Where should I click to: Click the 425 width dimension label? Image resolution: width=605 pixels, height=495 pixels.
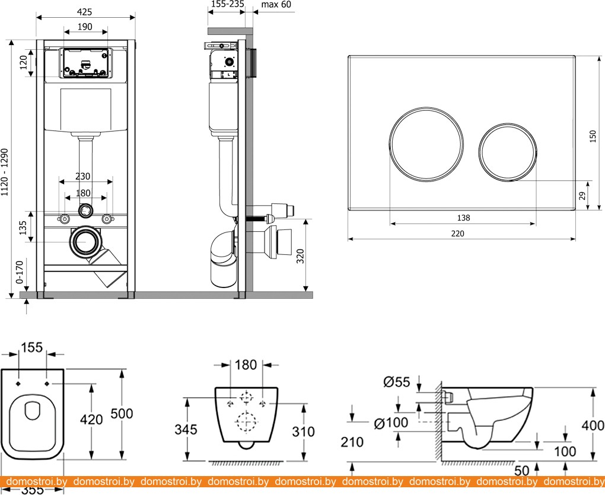pyautogui.click(x=86, y=10)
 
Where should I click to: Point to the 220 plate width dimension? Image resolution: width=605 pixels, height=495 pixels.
pyautogui.click(x=457, y=234)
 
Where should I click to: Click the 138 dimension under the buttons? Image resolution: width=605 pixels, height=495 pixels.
pyautogui.click(x=463, y=218)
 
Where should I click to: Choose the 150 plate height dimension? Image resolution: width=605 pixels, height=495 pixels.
pyautogui.click(x=592, y=136)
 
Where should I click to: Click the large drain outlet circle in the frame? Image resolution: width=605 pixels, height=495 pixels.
pyautogui.click(x=86, y=241)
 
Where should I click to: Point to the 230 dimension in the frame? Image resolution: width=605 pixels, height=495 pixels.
pyautogui.click(x=83, y=176)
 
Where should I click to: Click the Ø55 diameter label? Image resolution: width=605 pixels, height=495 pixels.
pyautogui.click(x=397, y=382)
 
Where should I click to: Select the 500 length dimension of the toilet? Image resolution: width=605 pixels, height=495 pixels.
pyautogui.click(x=122, y=413)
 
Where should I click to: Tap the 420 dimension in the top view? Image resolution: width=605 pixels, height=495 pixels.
pyautogui.click(x=91, y=419)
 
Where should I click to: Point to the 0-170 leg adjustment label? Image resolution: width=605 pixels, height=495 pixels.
pyautogui.click(x=19, y=272)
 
